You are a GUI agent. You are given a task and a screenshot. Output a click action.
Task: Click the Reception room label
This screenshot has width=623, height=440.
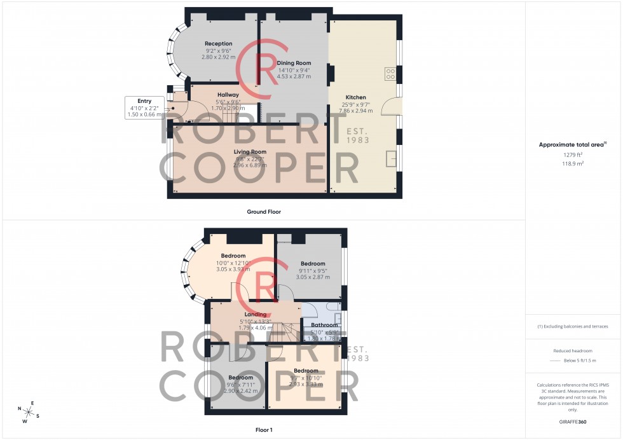point(218,43)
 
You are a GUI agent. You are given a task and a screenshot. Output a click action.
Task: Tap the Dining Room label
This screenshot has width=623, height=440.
point(294,63)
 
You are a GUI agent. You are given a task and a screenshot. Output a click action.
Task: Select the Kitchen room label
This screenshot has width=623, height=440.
point(355,97)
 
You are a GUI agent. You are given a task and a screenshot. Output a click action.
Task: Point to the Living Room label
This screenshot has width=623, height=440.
point(250,152)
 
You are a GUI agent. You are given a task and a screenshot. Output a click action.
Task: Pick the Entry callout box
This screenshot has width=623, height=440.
point(144,107)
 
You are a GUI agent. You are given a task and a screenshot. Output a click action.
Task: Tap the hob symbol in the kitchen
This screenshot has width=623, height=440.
point(389,74)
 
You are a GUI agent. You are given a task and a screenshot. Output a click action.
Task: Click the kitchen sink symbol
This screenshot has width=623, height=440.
point(391,158)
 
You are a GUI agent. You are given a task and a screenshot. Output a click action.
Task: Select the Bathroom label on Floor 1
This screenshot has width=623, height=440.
point(324,325)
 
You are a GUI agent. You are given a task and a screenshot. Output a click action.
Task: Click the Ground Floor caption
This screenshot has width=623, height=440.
point(264,212)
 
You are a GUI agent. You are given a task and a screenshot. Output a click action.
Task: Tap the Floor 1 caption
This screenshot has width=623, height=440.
point(264,430)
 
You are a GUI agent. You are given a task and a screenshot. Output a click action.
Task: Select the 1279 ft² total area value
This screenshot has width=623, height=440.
point(573,155)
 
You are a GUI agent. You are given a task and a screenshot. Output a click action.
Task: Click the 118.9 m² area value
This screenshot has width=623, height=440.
point(573,163)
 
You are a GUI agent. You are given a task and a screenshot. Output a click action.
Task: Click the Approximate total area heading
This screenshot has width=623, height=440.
point(572,145)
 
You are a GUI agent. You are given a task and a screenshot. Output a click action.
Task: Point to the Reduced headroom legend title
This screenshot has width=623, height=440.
point(573,351)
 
